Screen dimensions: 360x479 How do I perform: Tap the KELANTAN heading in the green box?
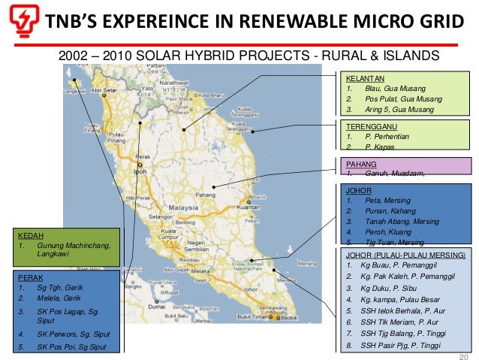tap(364, 78)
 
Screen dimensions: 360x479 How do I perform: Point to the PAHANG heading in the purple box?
tap(360, 163)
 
